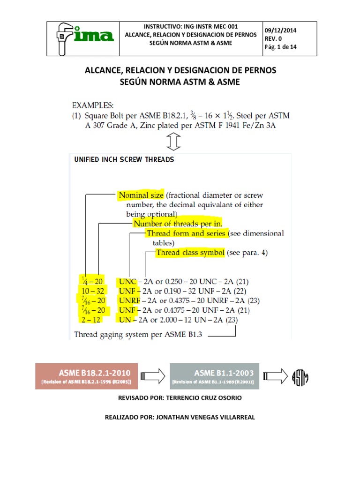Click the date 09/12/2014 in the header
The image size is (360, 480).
pos(280,30)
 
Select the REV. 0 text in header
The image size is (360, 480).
pos(274,38)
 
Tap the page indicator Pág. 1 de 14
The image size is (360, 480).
pos(281,47)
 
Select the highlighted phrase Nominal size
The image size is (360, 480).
pos(141,195)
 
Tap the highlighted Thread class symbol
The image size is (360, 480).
pos(190,253)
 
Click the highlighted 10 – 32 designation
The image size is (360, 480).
pos(93,291)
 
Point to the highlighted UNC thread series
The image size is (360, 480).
pos(127,281)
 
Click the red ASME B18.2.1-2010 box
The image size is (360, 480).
pos(87,376)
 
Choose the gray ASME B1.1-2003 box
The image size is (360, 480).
pos(214,376)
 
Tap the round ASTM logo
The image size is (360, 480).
pos(300,376)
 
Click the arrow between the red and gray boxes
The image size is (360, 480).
pos(153,375)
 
